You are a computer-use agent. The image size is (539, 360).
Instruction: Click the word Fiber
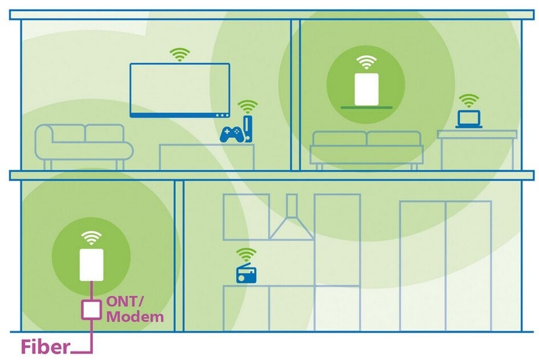[x=46, y=346]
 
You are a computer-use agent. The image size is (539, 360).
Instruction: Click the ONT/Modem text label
[x=134, y=309]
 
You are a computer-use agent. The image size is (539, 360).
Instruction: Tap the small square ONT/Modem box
[x=91, y=309]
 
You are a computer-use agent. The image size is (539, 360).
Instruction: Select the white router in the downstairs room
[x=91, y=265]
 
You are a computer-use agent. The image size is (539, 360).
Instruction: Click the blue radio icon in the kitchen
[x=246, y=274]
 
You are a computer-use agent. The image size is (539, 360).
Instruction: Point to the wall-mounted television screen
[x=180, y=89]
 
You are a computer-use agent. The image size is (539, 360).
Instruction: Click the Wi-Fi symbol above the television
[x=180, y=55]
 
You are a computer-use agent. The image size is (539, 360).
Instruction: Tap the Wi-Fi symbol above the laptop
[x=469, y=101]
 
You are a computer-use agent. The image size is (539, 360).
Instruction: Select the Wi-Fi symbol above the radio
[x=246, y=255]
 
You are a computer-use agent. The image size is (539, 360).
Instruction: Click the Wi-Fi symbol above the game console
[x=247, y=107]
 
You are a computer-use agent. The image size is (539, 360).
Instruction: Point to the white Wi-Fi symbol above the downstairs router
[x=91, y=238]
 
